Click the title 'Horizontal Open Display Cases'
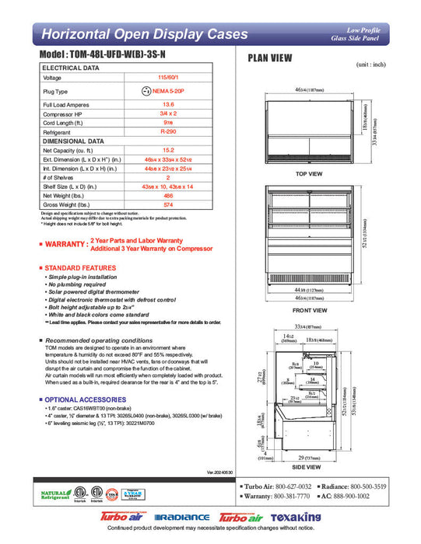point(144,34)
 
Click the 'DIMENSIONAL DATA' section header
point(73,141)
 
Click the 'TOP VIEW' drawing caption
point(309,174)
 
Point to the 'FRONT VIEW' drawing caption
point(309,310)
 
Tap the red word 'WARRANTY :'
point(65,244)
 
